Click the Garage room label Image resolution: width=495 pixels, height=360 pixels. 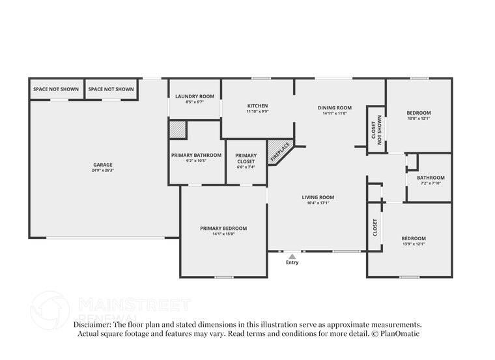[103, 165]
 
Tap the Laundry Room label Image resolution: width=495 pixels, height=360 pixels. [195, 96]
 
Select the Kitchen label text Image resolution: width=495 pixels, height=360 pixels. [257, 105]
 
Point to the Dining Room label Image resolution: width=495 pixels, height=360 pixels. [335, 107]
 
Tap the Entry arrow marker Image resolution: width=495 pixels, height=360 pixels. [292, 256]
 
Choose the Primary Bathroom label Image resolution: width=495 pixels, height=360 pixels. [197, 155]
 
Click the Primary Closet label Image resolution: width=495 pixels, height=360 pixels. [246, 158]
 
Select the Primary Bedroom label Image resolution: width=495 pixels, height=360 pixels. [223, 228]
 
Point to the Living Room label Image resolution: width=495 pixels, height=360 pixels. [318, 197]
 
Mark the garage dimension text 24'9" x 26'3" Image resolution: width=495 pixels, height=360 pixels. [103, 171]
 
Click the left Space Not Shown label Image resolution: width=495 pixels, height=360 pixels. [56, 89]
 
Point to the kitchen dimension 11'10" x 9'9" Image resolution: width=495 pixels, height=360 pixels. [257, 111]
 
